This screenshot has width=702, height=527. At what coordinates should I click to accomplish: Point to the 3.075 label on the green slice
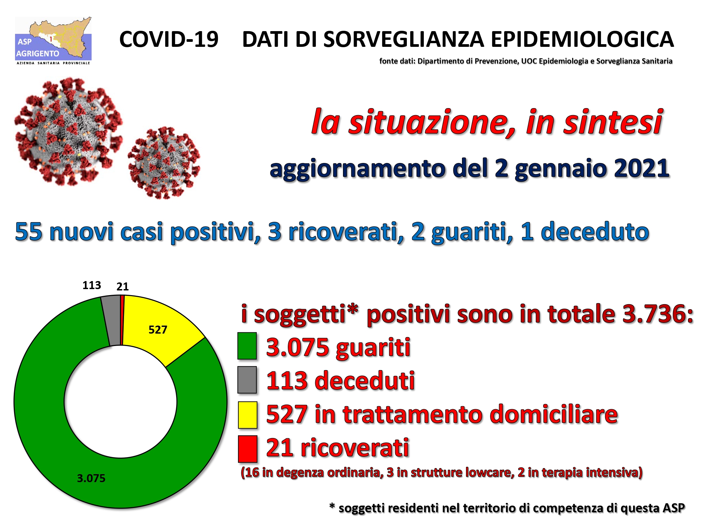[91, 478]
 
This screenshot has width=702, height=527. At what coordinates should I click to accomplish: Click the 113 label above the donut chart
[92, 285]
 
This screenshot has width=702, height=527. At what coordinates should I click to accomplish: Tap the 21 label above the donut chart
[122, 286]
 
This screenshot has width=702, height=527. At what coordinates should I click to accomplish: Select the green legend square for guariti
[247, 346]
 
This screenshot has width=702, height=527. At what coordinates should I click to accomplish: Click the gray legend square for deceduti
[247, 380]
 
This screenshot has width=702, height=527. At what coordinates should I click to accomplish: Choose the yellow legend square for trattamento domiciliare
[247, 415]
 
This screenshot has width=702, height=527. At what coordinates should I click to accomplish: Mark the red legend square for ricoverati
[247, 449]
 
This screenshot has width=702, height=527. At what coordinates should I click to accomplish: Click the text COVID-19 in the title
[169, 39]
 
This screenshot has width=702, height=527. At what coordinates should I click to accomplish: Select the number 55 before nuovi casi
[29, 232]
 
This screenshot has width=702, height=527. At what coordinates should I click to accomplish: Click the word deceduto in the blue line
[595, 232]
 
